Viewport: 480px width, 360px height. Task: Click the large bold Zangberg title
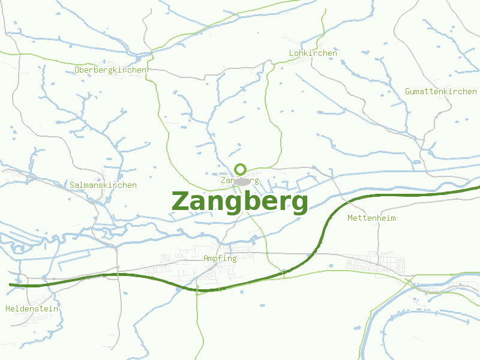pyautogui.click(x=240, y=202)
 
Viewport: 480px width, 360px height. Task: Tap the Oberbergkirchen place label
pyautogui.click(x=110, y=70)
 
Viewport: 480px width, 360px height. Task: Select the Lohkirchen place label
pyautogui.click(x=313, y=53)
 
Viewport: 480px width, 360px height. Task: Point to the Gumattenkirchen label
pyautogui.click(x=440, y=91)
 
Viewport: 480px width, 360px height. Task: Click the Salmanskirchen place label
pyautogui.click(x=103, y=185)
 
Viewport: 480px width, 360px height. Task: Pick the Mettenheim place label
pyautogui.click(x=371, y=218)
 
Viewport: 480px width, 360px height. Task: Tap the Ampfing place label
pyautogui.click(x=220, y=259)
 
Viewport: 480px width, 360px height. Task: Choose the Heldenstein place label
pyautogui.click(x=32, y=309)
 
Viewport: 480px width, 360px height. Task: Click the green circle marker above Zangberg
pyautogui.click(x=241, y=169)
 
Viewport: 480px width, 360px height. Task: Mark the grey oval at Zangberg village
pyautogui.click(x=242, y=181)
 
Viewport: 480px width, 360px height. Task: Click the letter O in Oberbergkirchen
pyautogui.click(x=77, y=70)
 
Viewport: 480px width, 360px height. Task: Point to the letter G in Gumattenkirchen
pyautogui.click(x=408, y=91)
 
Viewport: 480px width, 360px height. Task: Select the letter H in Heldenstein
pyautogui.click(x=8, y=309)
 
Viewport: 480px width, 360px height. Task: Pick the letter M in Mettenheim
pyautogui.click(x=350, y=218)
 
